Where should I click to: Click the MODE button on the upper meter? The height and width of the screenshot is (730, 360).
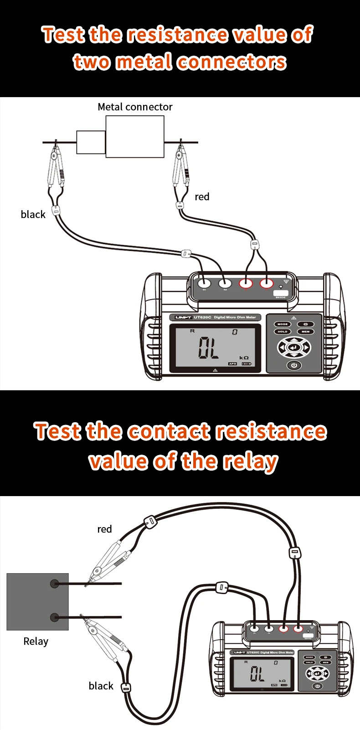coord(283,324)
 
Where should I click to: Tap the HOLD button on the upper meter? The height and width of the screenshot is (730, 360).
coord(283,331)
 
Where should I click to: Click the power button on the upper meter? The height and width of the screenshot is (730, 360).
coord(294,365)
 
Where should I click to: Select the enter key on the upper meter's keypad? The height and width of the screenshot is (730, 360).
coord(294,347)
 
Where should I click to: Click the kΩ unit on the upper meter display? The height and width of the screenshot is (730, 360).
coord(244,358)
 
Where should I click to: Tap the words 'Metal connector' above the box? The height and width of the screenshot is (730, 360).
coord(135,107)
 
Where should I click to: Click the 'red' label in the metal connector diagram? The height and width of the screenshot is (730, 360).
coord(202,197)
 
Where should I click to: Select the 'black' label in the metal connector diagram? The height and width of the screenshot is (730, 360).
coord(33,214)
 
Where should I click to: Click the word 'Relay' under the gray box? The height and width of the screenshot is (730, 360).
coord(36,641)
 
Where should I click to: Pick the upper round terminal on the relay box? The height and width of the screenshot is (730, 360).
coord(55,583)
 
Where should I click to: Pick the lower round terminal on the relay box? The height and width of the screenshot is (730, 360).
coord(55,618)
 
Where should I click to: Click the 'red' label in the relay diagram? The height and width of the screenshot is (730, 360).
coord(104,529)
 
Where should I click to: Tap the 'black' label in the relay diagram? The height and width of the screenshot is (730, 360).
coord(101,686)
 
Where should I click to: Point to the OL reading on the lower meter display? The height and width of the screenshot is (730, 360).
coord(257,673)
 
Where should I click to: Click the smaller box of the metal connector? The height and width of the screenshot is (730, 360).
coord(91,142)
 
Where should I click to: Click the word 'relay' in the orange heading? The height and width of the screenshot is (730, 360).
coord(250,461)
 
